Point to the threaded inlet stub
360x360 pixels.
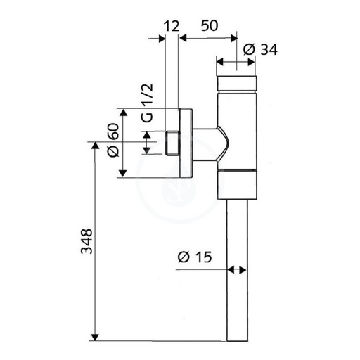tap(172, 143)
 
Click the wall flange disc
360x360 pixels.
tap(186, 143)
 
